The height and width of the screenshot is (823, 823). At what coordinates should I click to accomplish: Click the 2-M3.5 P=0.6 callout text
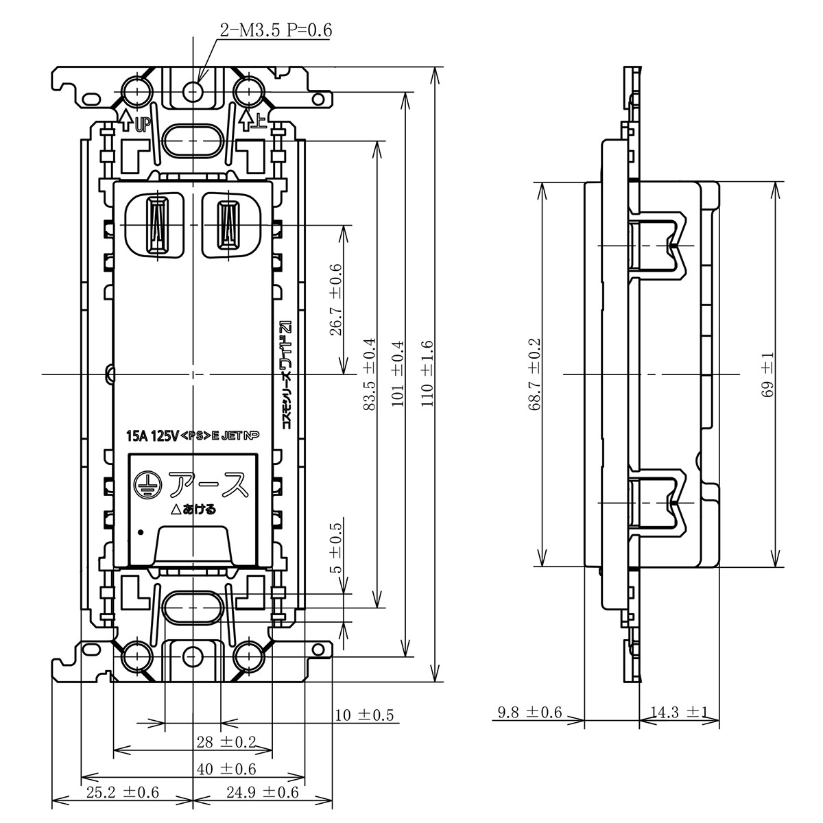coord(276,30)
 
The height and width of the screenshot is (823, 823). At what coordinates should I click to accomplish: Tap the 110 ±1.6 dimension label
coord(427,374)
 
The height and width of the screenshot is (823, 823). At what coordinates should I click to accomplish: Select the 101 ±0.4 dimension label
coord(398,374)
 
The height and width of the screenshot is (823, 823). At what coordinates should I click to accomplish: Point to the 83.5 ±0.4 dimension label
coord(369,374)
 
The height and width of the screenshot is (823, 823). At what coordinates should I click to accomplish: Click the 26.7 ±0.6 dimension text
coord(336,300)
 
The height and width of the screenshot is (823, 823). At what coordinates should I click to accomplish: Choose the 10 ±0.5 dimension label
coord(364,715)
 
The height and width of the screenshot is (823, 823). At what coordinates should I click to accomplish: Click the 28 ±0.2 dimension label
coord(226,742)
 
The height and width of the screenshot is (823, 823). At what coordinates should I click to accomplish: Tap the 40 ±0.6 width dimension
coord(226,770)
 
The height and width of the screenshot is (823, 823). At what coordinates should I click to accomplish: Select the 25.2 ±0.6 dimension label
coord(123,793)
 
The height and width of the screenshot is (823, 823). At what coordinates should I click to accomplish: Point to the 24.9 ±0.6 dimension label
coord(263,793)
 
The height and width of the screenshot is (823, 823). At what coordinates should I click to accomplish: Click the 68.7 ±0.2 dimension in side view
coord(535,374)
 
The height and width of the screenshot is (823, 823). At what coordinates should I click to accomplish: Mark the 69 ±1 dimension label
coord(767,375)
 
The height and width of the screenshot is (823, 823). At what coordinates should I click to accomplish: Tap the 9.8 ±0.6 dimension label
coord(530,712)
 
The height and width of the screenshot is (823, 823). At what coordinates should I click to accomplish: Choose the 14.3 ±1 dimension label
coord(679,712)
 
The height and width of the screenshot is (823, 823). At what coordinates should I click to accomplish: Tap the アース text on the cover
coord(208,485)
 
